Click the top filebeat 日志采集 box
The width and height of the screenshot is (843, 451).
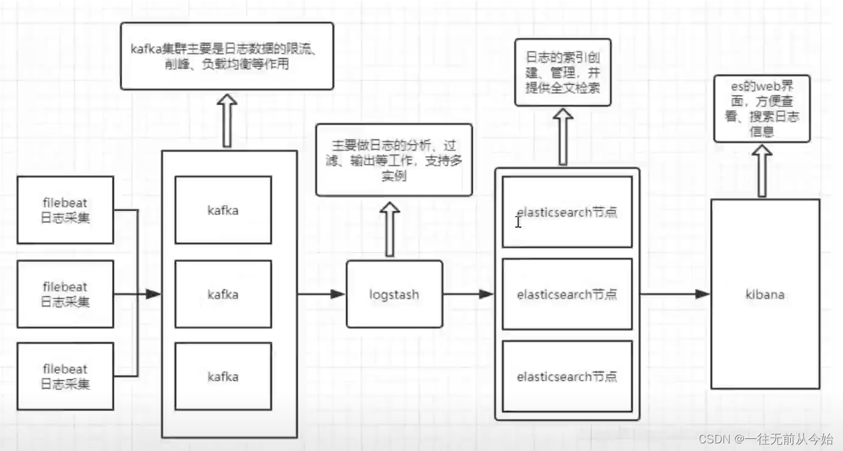[x=65, y=210]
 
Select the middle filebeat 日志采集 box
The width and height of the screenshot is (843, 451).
[x=65, y=294]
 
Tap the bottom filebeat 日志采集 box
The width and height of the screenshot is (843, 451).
[x=65, y=376]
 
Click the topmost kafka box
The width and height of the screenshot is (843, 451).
[x=223, y=210]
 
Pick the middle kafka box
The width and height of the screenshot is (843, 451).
[x=223, y=294]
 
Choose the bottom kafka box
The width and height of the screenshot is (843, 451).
[x=223, y=376]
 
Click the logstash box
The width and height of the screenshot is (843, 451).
[x=394, y=295]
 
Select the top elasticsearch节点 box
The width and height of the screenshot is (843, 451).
[x=567, y=212]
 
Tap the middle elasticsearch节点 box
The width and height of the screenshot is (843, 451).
[x=567, y=294]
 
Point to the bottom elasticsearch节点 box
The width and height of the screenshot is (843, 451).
[x=567, y=376]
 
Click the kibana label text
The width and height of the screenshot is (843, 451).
[x=765, y=295]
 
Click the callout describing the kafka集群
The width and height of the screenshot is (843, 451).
[x=226, y=56]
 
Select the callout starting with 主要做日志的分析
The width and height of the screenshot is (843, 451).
[x=394, y=160]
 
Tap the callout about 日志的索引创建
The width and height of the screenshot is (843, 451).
[x=562, y=73]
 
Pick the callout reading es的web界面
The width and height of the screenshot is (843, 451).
[x=762, y=109]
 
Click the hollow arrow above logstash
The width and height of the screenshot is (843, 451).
[x=389, y=228]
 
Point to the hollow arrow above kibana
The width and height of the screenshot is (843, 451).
[x=762, y=170]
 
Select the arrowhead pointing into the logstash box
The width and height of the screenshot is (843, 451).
[x=338, y=294]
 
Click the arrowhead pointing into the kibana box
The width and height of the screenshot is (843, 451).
[x=702, y=294]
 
